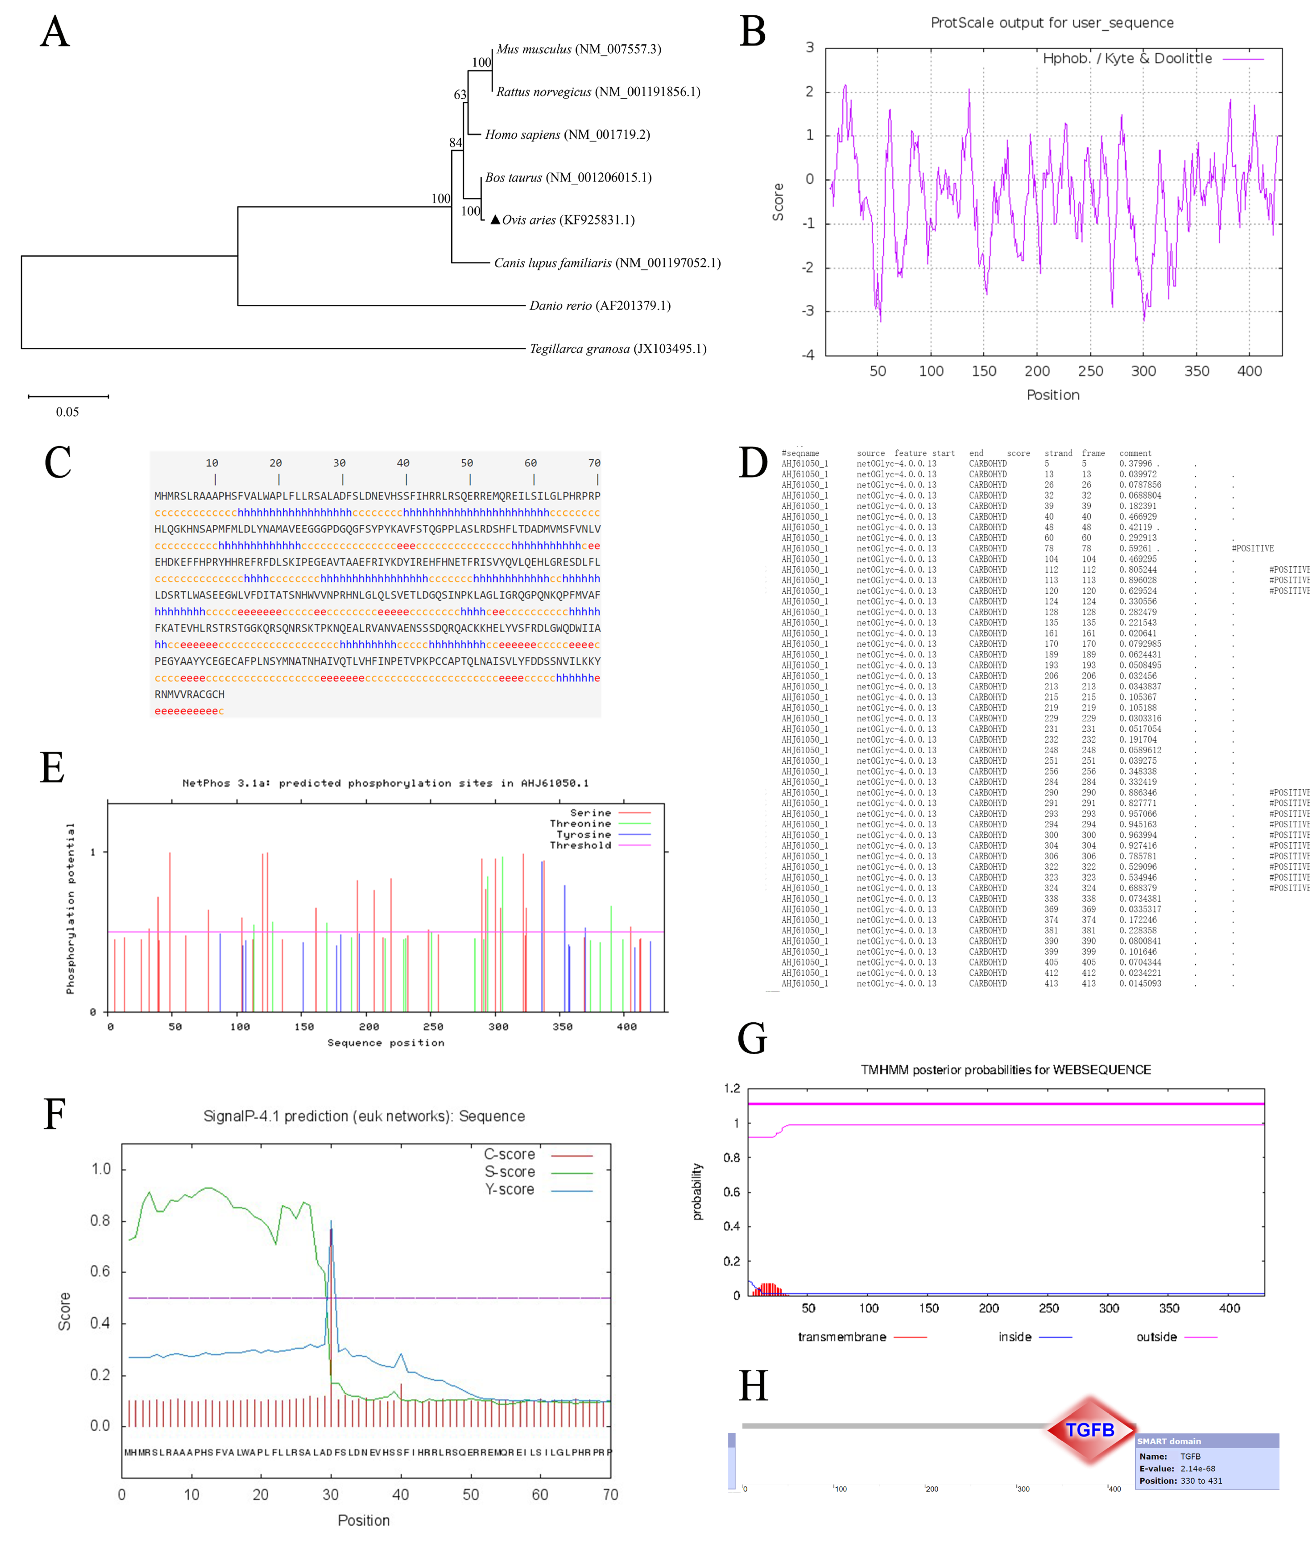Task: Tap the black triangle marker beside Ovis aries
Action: coord(495,219)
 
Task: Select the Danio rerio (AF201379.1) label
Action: coord(600,305)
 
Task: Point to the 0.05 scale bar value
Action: coord(68,412)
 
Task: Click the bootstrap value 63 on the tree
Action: coord(460,94)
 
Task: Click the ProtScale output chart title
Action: coord(1052,23)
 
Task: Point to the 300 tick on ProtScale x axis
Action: coord(1143,371)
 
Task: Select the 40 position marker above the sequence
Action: coord(403,463)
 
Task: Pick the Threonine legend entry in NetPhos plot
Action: coord(580,824)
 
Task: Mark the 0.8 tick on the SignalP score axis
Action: coord(100,1221)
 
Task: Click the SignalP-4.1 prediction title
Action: coord(364,1116)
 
